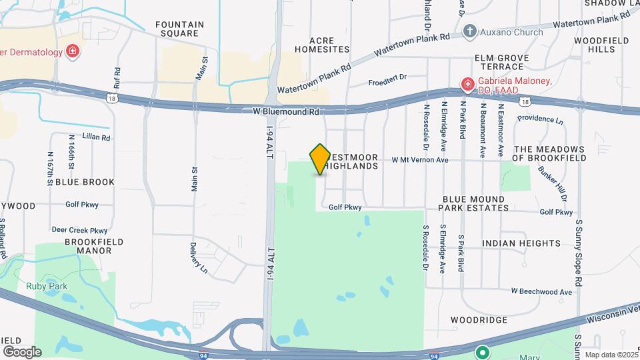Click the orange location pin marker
[x=320, y=159]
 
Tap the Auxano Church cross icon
[x=471, y=31]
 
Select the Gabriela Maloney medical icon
[x=468, y=85]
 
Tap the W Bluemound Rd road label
[x=285, y=112]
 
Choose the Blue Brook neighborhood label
[x=85, y=181]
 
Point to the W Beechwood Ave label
[x=541, y=291]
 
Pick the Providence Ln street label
[x=540, y=121]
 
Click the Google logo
[x=22, y=351]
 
